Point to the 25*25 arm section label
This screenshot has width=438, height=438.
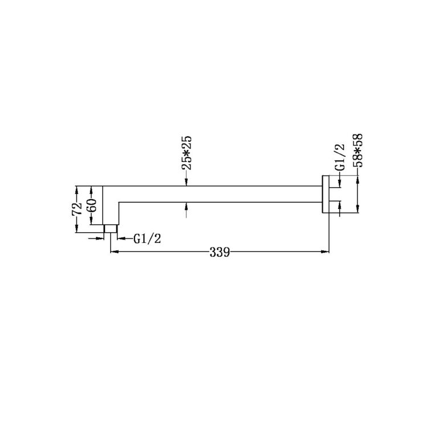click(x=188, y=153)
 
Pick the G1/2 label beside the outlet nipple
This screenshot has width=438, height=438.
click(x=148, y=239)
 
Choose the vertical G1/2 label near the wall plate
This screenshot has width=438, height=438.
click(x=340, y=158)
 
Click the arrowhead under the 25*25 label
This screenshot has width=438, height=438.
click(x=188, y=182)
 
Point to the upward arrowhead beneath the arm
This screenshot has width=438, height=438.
click(x=188, y=206)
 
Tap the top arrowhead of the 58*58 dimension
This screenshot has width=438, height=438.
click(x=358, y=179)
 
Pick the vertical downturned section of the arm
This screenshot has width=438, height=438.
click(x=111, y=208)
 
